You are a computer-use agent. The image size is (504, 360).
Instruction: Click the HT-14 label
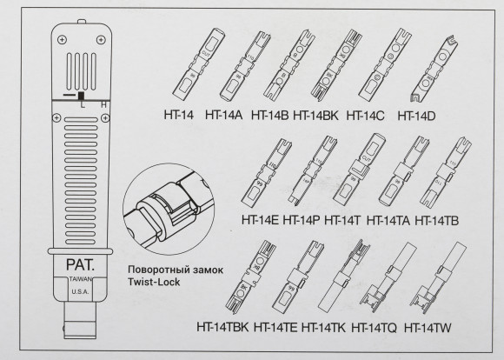(x=178, y=114)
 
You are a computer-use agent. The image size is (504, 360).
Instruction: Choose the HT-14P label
(x=302, y=221)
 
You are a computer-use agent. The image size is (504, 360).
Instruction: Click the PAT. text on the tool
(x=79, y=260)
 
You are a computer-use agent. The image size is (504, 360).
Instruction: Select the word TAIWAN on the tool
(x=79, y=281)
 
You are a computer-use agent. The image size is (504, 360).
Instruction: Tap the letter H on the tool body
(x=104, y=105)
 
